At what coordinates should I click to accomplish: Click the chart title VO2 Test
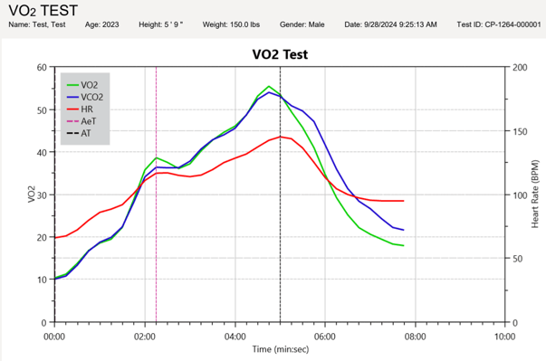click(x=280, y=53)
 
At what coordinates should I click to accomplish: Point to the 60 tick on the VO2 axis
click(x=42, y=68)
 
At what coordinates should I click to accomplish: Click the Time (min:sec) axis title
click(x=280, y=348)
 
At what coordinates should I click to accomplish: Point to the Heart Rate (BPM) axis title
click(x=536, y=195)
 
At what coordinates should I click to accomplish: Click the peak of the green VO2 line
click(x=269, y=87)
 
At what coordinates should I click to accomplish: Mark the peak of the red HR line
click(x=281, y=137)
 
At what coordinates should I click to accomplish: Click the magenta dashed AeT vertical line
click(x=157, y=226)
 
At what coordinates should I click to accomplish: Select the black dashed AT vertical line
click(x=280, y=226)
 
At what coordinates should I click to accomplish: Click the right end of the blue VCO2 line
click(x=403, y=230)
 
